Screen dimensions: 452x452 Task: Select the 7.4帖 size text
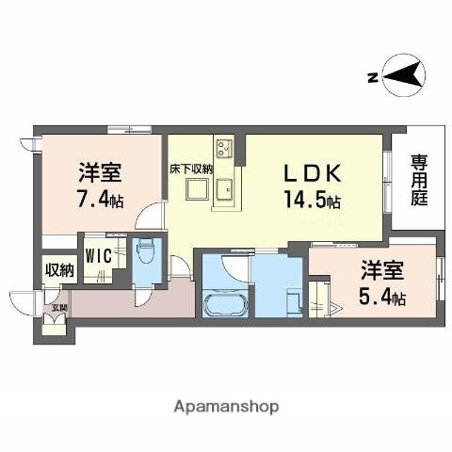pyautogui.click(x=100, y=200)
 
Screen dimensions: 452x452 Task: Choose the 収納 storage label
pyautogui.click(x=58, y=270)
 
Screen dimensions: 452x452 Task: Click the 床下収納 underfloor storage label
pyautogui.click(x=191, y=169)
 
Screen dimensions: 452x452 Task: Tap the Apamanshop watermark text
pyautogui.click(x=226, y=407)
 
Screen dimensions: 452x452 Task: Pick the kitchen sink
pyautogui.click(x=226, y=191)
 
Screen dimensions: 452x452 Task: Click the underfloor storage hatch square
pyautogui.click(x=196, y=191)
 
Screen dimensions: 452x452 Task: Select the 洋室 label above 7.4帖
pyautogui.click(x=100, y=174)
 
